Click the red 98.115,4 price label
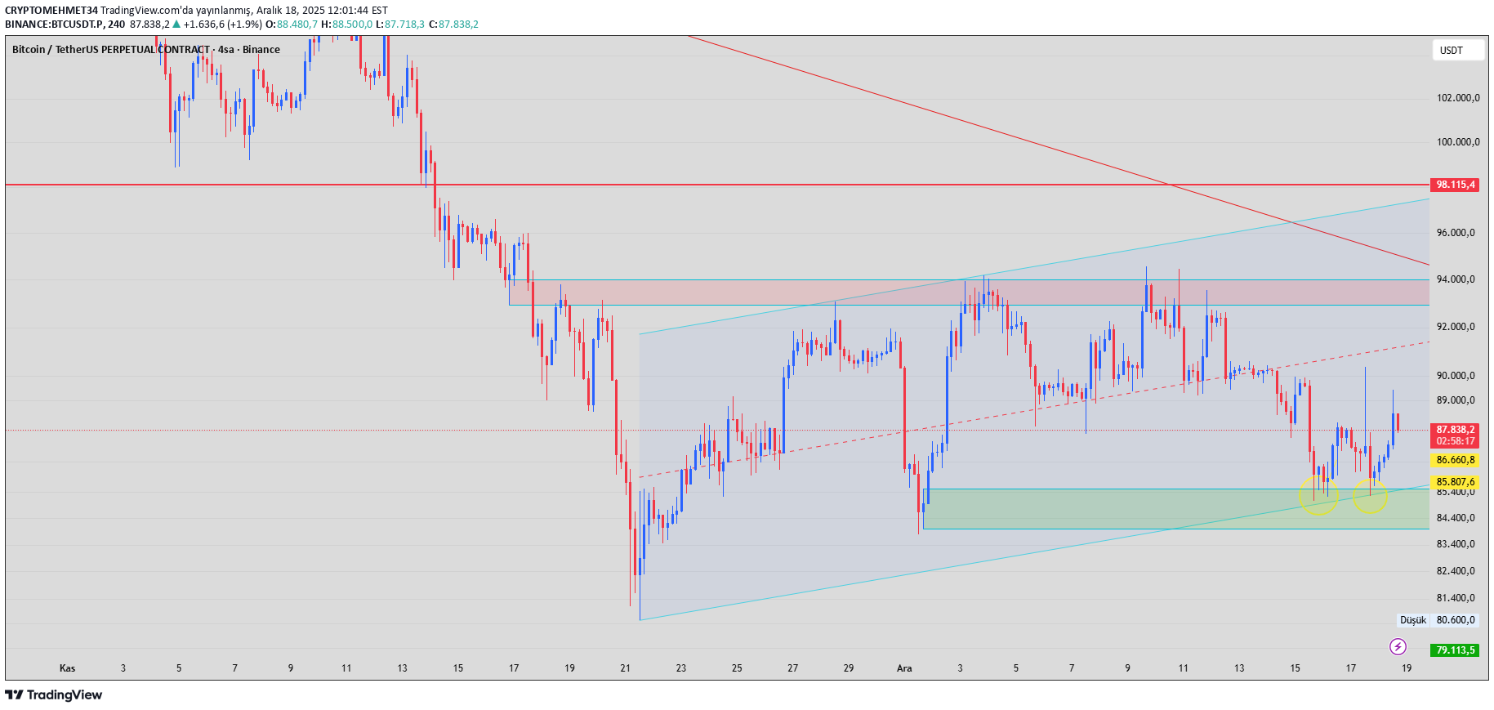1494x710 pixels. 1455,185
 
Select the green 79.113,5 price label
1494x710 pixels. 1455,650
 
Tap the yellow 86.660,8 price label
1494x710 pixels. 1455,460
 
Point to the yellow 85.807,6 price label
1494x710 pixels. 1455,482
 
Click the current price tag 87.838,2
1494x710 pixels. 1455,430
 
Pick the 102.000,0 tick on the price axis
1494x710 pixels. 1457,98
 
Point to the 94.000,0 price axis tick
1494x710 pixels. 1456,279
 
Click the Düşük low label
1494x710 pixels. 1412,620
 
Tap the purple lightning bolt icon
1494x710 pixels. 1398,647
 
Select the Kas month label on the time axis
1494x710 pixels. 67,668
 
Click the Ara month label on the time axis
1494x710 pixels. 904,668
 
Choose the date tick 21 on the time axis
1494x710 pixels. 625,668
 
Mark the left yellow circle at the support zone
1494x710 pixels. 1318,495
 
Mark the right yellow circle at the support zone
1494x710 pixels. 1370,495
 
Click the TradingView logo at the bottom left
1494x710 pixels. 54,694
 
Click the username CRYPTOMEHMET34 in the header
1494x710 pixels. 51,11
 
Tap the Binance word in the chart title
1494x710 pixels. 261,50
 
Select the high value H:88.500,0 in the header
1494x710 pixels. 346,25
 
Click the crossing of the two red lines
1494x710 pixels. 1171,185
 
